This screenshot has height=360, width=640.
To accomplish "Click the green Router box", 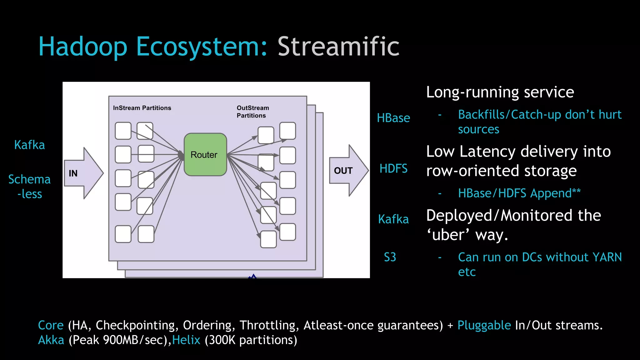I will click(205, 154).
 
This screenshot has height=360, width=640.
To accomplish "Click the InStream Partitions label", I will click(142, 108).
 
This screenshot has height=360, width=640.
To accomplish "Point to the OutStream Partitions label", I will click(252, 112).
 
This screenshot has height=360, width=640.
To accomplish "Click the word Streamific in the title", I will click(338, 47).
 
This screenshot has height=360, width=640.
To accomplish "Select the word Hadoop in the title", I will click(83, 47).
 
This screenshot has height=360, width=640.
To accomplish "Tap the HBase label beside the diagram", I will click(393, 118).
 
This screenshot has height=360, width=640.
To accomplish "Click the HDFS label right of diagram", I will click(393, 169).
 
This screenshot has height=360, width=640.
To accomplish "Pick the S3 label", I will click(390, 257).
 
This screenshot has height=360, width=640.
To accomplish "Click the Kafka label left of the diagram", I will click(29, 145).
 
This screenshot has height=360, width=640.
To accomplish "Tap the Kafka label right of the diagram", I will click(393, 219).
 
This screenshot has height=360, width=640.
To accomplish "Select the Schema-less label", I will click(29, 187).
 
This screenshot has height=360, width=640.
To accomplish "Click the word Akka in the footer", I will click(51, 340).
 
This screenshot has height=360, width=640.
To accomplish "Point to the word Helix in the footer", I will click(186, 340).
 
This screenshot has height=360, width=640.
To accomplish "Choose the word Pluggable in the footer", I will click(484, 325).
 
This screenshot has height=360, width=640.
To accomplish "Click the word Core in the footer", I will click(51, 325).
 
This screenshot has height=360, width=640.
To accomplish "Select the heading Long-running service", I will click(500, 92).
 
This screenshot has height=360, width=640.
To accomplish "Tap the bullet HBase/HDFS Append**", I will click(519, 193).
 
